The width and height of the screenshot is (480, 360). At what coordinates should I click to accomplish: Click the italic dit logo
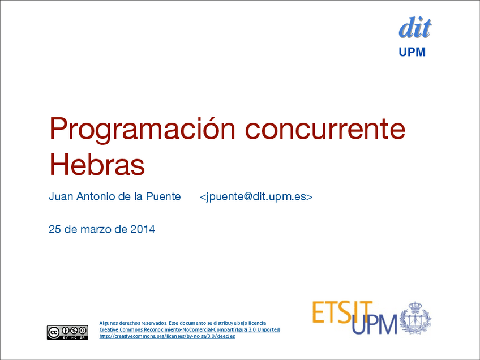[x=415, y=28]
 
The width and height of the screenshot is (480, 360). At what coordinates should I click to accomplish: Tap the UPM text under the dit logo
[x=412, y=52]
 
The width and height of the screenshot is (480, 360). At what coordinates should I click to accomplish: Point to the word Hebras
[x=97, y=164]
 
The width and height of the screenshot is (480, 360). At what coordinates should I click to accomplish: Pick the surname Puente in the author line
[x=163, y=196]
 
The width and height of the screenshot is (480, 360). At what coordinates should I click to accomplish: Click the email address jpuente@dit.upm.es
[x=256, y=196]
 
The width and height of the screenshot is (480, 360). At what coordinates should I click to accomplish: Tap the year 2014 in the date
[x=143, y=229]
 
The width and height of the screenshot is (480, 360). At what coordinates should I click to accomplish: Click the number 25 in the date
[x=55, y=229]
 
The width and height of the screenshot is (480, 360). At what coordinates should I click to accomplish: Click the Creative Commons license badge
[x=68, y=332]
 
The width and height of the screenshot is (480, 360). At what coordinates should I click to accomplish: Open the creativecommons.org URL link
[x=167, y=336]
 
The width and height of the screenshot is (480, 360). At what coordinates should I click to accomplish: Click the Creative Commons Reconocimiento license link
[x=190, y=329]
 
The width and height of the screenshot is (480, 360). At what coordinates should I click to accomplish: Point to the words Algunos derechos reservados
[x=133, y=323]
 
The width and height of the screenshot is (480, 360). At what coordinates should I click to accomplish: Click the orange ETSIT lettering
[x=342, y=312]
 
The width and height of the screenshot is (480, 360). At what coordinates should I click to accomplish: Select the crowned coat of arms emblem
[x=415, y=318]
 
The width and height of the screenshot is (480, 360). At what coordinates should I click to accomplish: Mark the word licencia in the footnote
[x=257, y=323]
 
